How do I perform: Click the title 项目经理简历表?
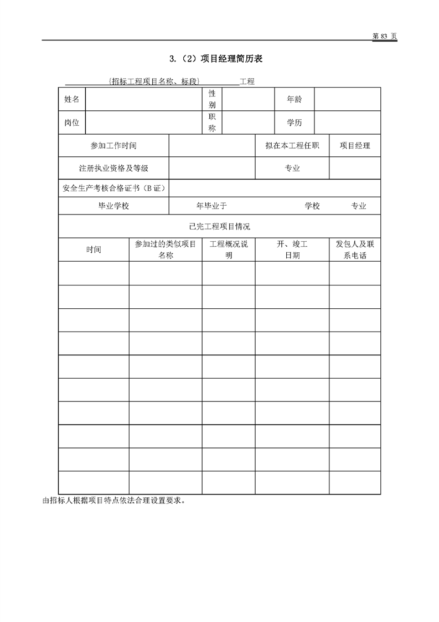pyautogui.click(x=215, y=59)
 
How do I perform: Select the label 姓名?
pyautogui.click(x=72, y=99)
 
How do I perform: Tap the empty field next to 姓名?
pyautogui.click(x=143, y=99)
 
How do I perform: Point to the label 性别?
pyautogui.click(x=212, y=99)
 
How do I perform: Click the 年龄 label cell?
pyautogui.click(x=294, y=99)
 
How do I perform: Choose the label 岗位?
pyautogui.click(x=72, y=123)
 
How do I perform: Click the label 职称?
pyautogui.click(x=212, y=123)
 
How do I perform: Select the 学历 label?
pyautogui.click(x=294, y=123)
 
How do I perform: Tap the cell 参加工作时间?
pyautogui.click(x=113, y=146)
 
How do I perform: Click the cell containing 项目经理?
pyautogui.click(x=355, y=146)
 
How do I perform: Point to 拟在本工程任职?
pyautogui.click(x=292, y=146)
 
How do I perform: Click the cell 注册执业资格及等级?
pyautogui.click(x=113, y=169)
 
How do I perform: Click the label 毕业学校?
pyautogui.click(x=113, y=206)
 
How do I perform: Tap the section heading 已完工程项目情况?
pyautogui.click(x=219, y=226)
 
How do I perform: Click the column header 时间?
pyautogui.click(x=94, y=249)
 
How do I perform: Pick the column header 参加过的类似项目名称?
pyautogui.click(x=166, y=249)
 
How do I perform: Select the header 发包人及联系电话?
pyautogui.click(x=355, y=249)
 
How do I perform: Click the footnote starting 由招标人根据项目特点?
pyautogui.click(x=113, y=500)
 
